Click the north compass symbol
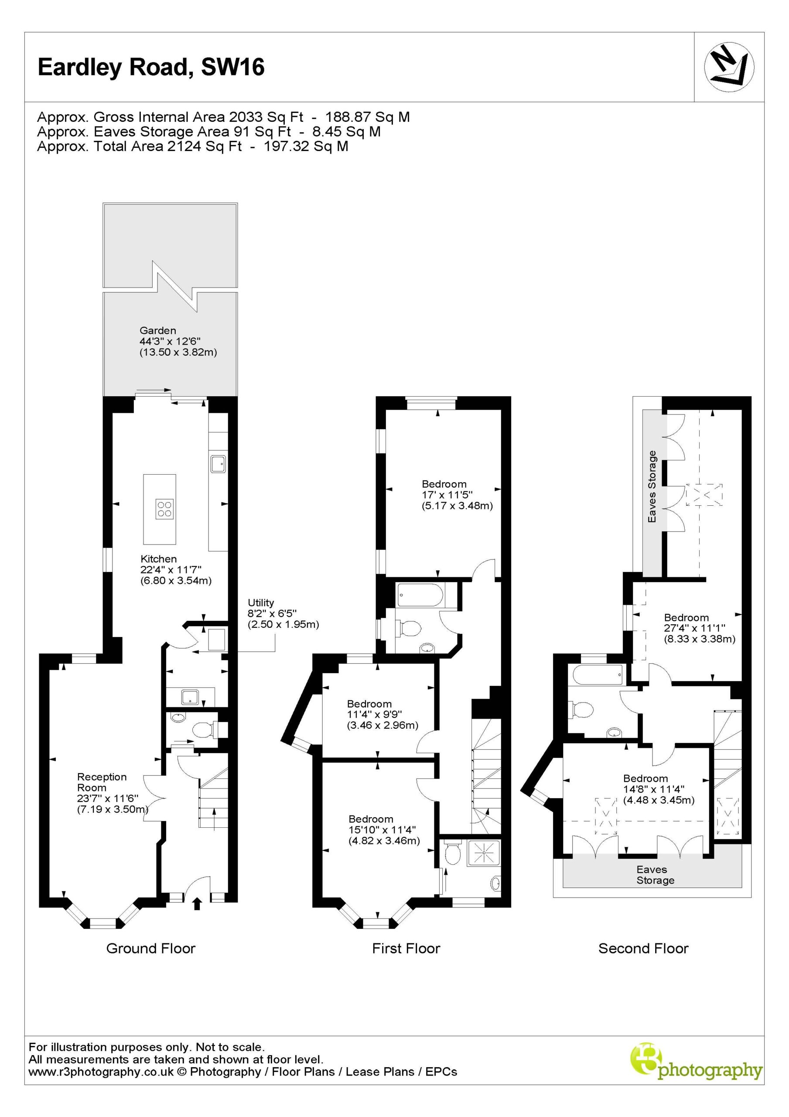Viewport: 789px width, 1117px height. point(729,67)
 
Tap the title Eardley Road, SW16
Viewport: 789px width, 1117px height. point(151,67)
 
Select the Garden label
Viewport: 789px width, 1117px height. point(157,330)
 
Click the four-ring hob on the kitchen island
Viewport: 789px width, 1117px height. point(165,508)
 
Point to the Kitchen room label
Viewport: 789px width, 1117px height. point(159,558)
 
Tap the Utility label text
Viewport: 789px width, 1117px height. point(261,602)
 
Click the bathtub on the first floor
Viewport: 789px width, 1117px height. point(420,595)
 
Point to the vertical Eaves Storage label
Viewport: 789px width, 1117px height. point(652,487)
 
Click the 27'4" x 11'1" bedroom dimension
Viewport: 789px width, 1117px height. point(695,628)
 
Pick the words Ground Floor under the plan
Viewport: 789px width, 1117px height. point(151,948)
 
